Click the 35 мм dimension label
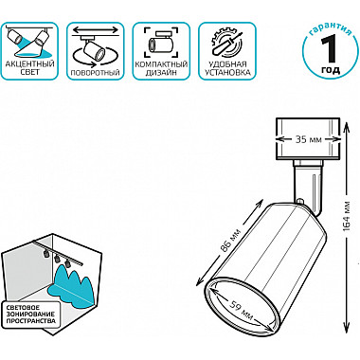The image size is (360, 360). (308, 139)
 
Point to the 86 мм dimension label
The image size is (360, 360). (230, 242)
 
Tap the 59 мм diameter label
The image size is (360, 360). (241, 311)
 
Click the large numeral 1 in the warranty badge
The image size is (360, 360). (330, 49)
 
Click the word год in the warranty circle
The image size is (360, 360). (331, 70)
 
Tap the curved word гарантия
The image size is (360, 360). (331, 30)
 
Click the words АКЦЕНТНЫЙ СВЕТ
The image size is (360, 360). (30, 68)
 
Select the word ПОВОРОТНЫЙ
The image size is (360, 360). (96, 73)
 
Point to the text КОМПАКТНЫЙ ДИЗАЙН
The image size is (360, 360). (161, 68)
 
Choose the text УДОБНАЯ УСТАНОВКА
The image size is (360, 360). (227, 68)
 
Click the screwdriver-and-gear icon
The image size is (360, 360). (227, 43)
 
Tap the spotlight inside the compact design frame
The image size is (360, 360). (162, 44)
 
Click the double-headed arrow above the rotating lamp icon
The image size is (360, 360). (96, 30)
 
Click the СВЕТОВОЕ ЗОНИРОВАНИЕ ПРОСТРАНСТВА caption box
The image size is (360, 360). (31, 315)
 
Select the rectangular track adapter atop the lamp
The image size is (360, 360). (308, 139)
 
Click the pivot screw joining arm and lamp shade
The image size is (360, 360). (300, 201)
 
